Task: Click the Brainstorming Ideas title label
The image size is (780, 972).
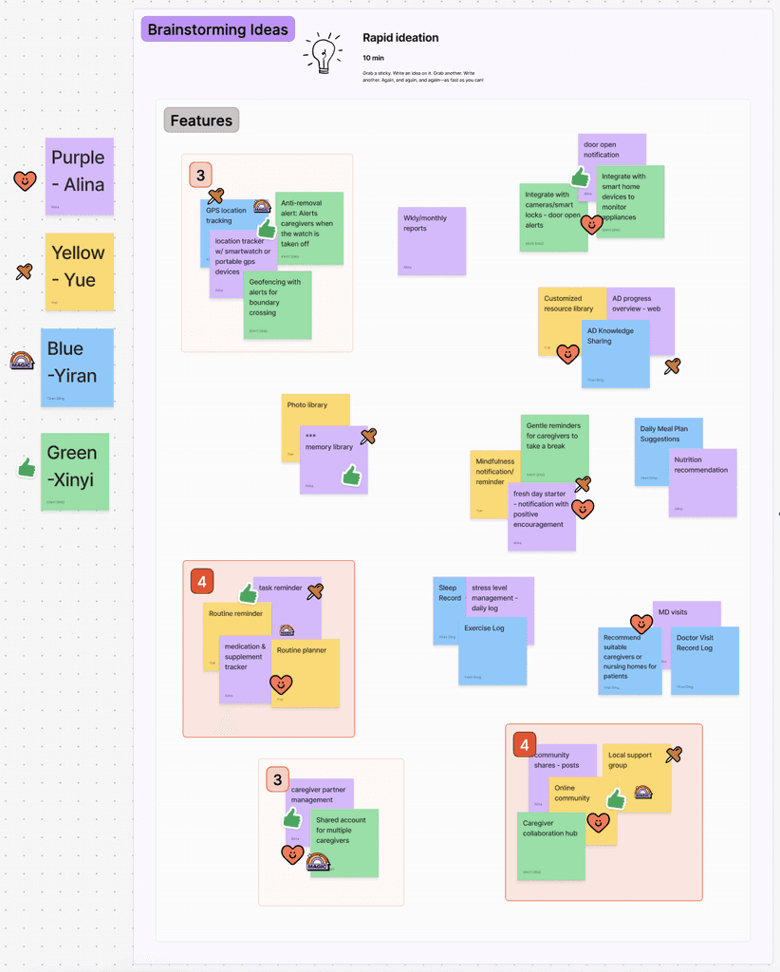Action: pos(217,29)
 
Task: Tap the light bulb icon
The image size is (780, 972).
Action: pos(323,53)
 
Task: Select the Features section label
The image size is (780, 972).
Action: pos(201,121)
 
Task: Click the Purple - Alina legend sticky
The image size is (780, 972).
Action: pos(79,176)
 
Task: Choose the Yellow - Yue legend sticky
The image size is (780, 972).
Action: pos(79,271)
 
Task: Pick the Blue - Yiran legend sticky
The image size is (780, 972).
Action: pos(77,367)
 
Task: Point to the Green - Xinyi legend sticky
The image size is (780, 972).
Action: pos(75,472)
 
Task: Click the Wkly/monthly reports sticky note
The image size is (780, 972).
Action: pos(432,241)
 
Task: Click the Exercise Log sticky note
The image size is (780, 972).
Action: pos(492,651)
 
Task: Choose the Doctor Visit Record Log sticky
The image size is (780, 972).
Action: pos(705,661)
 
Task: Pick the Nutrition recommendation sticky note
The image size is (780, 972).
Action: pos(703,484)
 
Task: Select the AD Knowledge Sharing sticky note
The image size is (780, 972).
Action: pos(616,354)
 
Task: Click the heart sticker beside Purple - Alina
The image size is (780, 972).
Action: pos(25,180)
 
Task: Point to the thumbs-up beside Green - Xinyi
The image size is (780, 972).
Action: pos(27,467)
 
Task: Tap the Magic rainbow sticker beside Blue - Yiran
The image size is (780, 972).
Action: pos(22,360)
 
